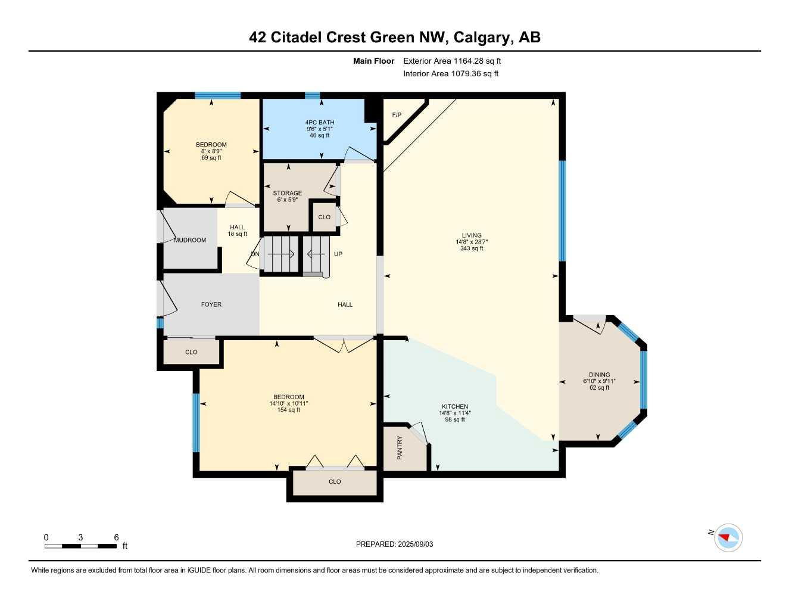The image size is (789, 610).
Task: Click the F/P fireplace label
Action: click(x=397, y=115)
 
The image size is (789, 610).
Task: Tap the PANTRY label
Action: click(x=400, y=447)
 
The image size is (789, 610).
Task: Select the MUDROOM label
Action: click(x=190, y=240)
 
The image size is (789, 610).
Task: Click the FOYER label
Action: click(x=211, y=304)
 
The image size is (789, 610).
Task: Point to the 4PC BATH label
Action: click(x=320, y=122)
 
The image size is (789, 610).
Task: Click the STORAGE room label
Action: click(x=287, y=193)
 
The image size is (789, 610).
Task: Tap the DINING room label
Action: click(x=599, y=375)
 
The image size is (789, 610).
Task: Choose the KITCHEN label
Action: click(x=454, y=407)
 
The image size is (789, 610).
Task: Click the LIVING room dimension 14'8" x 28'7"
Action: click(x=472, y=242)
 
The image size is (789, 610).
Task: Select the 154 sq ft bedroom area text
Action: click(x=289, y=410)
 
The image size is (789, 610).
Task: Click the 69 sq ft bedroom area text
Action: click(x=211, y=158)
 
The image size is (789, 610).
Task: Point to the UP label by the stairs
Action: click(x=338, y=254)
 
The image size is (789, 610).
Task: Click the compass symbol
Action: click(x=728, y=538)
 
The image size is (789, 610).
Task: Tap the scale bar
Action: click(x=81, y=546)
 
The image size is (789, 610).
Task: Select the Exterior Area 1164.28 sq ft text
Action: click(x=452, y=61)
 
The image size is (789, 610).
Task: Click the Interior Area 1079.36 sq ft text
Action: click(x=451, y=74)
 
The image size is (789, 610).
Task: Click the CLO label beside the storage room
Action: click(x=324, y=217)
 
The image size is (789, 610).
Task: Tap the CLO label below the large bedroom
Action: click(x=335, y=481)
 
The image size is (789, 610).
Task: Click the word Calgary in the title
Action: click(x=481, y=37)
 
